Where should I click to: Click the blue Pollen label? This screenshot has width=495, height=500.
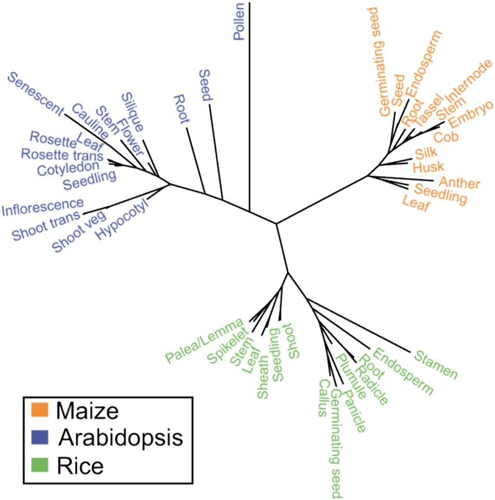238,22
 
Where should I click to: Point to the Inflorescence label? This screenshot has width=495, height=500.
42,205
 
